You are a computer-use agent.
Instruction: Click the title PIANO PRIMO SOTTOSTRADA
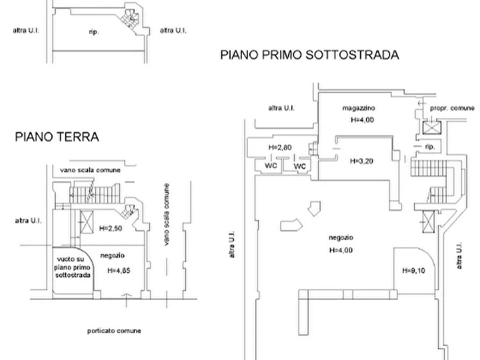(x=310, y=55)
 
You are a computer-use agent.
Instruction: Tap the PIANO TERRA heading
(x=57, y=137)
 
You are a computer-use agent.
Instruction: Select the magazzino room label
(x=359, y=108)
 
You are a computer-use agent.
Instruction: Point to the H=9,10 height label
(x=413, y=271)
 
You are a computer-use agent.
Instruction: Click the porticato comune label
(x=114, y=330)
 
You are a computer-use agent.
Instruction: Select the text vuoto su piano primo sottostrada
(x=73, y=267)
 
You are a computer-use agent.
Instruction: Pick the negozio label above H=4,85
(x=112, y=256)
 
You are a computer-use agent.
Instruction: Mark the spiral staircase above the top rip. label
(x=128, y=19)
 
